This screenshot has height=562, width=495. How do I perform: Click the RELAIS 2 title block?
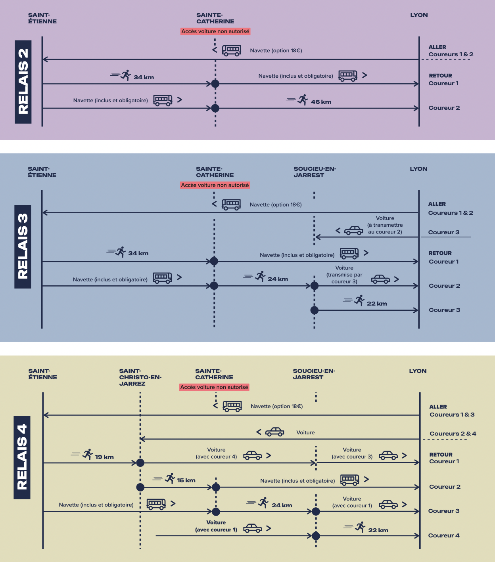[23, 82]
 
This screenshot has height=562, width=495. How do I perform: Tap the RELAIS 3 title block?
[23, 247]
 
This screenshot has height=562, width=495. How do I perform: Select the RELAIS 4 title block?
[22, 457]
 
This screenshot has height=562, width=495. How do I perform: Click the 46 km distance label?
[321, 102]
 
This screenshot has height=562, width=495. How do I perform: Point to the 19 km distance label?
[104, 457]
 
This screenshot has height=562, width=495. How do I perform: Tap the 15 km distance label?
[186, 480]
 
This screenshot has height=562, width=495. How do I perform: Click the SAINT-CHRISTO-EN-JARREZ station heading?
[140, 377]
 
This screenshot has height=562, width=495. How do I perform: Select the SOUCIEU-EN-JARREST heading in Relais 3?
[315, 172]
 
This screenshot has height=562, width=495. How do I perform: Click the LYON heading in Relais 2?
[419, 15]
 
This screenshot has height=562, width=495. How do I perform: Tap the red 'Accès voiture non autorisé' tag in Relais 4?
[214, 387]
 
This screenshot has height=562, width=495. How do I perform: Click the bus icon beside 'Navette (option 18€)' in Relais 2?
[231, 50]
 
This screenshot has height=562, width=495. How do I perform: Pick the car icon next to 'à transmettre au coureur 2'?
[353, 230]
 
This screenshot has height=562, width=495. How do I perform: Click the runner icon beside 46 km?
[303, 99]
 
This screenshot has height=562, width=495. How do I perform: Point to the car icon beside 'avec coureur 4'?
[253, 455]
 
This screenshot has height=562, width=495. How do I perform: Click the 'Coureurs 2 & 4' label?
[453, 434]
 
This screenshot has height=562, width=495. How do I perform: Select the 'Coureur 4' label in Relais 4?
[444, 535]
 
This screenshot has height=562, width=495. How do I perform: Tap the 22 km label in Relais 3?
[377, 304]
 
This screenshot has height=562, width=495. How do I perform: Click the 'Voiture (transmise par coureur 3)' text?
[344, 275]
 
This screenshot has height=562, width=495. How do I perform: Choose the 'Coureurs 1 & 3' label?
[452, 415]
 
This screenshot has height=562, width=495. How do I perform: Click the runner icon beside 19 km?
[88, 454]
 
